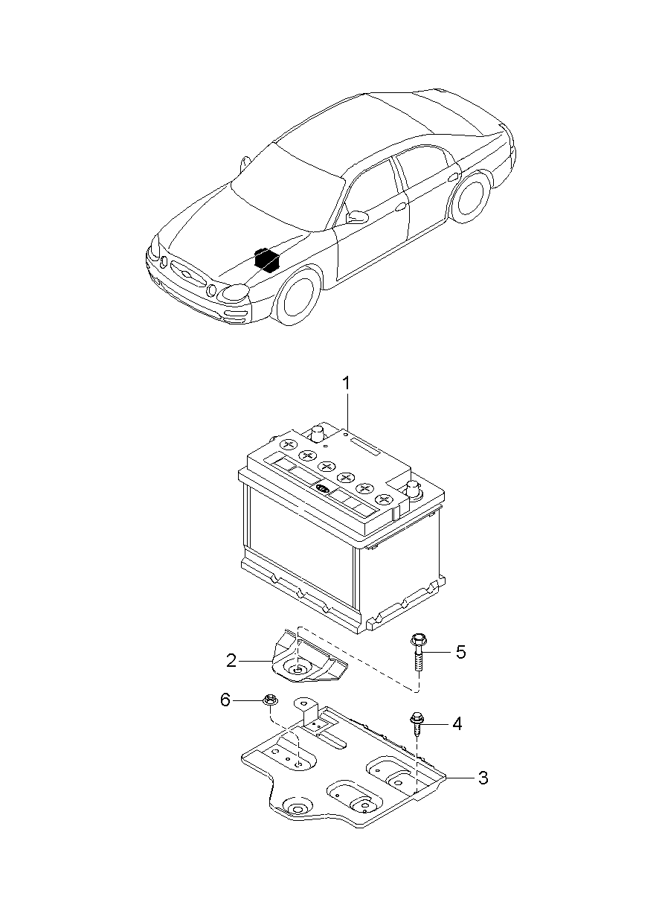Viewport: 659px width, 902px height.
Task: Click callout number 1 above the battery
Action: pyautogui.click(x=346, y=383)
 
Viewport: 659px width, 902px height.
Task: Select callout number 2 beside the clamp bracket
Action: pyautogui.click(x=231, y=661)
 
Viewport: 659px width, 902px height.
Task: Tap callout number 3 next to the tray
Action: pyautogui.click(x=483, y=778)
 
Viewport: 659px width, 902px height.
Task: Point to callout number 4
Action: pyautogui.click(x=457, y=724)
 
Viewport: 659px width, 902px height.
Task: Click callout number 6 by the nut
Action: pyautogui.click(x=225, y=700)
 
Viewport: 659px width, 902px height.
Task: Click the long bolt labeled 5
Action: pyautogui.click(x=418, y=653)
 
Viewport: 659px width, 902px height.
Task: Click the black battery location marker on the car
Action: pyautogui.click(x=266, y=258)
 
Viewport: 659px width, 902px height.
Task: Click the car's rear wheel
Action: pyautogui.click(x=472, y=197)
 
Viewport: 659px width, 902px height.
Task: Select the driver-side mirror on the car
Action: pyautogui.click(x=357, y=217)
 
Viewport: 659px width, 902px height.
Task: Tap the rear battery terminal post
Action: pyautogui.click(x=318, y=435)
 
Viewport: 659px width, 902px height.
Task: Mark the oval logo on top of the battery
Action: pyautogui.click(x=323, y=489)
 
